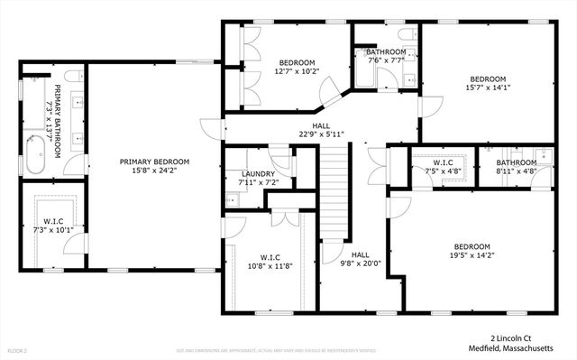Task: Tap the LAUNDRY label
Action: (x=258, y=174)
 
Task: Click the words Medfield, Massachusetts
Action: (x=517, y=346)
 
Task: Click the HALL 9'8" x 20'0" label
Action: (x=361, y=260)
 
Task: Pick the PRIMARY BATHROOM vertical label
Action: (x=57, y=121)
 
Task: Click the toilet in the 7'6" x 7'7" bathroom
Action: (x=406, y=36)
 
